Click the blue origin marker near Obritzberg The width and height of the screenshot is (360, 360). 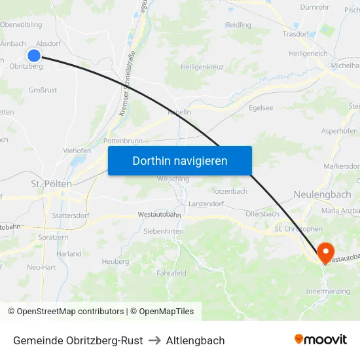[35, 56]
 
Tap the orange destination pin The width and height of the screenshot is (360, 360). [325, 252]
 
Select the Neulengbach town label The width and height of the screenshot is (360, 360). [322, 195]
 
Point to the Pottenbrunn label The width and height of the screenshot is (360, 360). [128, 141]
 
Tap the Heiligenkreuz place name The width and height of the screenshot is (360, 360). [203, 67]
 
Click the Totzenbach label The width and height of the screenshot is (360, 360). [229, 191]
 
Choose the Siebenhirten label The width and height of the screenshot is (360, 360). [163, 231]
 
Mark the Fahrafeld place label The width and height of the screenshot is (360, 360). [171, 273]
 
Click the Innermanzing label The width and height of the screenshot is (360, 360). [327, 291]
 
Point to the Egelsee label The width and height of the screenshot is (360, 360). [261, 108]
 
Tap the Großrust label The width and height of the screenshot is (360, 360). [43, 90]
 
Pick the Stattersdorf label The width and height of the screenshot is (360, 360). [70, 214]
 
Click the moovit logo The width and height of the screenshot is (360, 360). [321, 340]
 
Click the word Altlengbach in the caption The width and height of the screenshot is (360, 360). [195, 340]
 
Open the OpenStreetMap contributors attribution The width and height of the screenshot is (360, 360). [65, 312]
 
